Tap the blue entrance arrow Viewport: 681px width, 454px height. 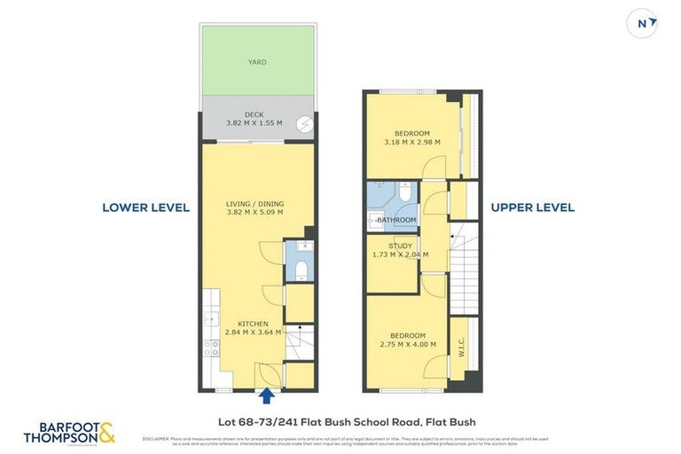pos(268,395)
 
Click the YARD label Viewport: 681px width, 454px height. pos(257,62)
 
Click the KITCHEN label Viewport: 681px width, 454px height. pos(252,324)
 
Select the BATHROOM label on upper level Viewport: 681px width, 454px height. pos(395,220)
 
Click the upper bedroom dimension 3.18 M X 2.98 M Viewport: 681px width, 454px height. pos(411,142)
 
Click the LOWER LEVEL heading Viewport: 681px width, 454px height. pos(145,207)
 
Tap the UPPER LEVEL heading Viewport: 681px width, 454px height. pos(533,207)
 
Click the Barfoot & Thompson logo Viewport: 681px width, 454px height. pos(70,432)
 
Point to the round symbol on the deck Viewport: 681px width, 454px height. pos(304,125)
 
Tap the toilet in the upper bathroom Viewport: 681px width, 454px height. pos(404,192)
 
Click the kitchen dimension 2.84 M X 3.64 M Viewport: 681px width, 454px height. pos(252,333)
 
